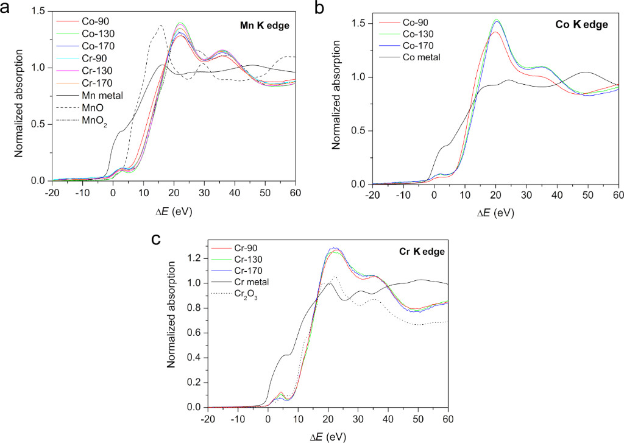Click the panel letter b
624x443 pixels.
pos(319,9)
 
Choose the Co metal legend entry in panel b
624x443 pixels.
pos(420,57)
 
